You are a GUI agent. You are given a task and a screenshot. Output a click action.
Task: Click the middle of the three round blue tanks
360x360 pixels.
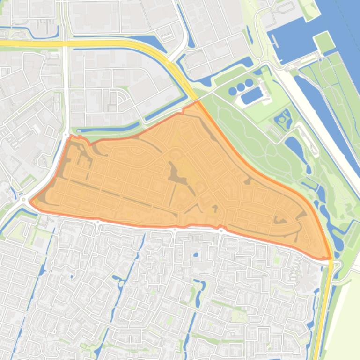pyautogui.click(x=240, y=87)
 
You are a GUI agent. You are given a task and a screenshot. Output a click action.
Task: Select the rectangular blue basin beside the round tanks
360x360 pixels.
pyautogui.click(x=252, y=96)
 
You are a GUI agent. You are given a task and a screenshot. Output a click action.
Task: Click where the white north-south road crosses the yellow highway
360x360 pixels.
pyautogui.click(x=66, y=43)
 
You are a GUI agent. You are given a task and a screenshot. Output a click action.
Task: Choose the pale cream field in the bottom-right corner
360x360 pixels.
pyautogui.click(x=344, y=318)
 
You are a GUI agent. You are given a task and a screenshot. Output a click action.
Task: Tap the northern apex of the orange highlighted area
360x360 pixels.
pyautogui.click(x=197, y=101)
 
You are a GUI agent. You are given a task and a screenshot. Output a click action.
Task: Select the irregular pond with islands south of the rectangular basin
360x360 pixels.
pyautogui.click(x=283, y=119)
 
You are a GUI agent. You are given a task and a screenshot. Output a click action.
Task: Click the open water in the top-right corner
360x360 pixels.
pyautogui.click(x=346, y=19)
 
